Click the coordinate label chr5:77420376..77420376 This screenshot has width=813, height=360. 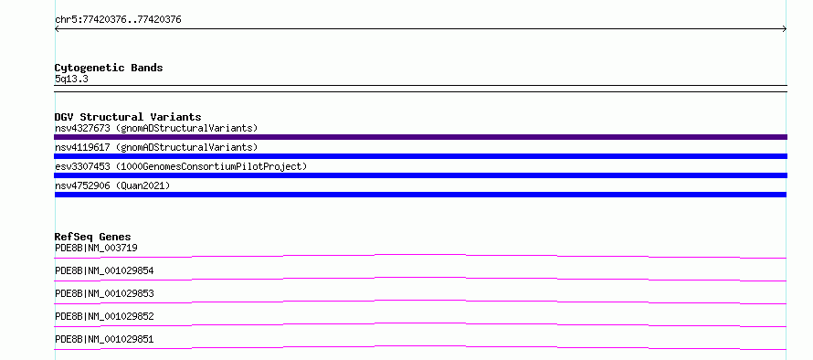pyautogui.click(x=118, y=20)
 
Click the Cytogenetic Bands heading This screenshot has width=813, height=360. pyautogui.click(x=109, y=68)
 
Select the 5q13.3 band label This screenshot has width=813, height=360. pyautogui.click(x=71, y=79)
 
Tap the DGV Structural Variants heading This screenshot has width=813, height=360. pyautogui.click(x=128, y=117)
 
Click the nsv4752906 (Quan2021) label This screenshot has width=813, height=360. pyautogui.click(x=112, y=185)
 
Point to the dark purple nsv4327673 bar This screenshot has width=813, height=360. pyautogui.click(x=420, y=137)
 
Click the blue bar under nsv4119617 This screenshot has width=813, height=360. pyautogui.click(x=420, y=156)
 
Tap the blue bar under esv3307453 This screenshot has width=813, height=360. pyautogui.click(x=420, y=175)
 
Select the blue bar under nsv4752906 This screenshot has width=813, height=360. pyautogui.click(x=420, y=195)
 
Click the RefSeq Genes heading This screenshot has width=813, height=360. pyautogui.click(x=93, y=237)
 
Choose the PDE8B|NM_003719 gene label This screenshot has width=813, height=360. pyautogui.click(x=96, y=248)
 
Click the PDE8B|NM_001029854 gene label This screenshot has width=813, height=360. pyautogui.click(x=104, y=270)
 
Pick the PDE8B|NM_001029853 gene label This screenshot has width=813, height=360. pyautogui.click(x=104, y=293)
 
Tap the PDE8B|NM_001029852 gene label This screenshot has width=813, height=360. pyautogui.click(x=104, y=316)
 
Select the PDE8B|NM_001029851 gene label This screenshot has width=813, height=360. pyautogui.click(x=104, y=339)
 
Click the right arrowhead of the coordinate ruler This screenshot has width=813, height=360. pyautogui.click(x=786, y=29)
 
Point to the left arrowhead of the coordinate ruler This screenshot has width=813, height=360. pyautogui.click(x=56, y=29)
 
